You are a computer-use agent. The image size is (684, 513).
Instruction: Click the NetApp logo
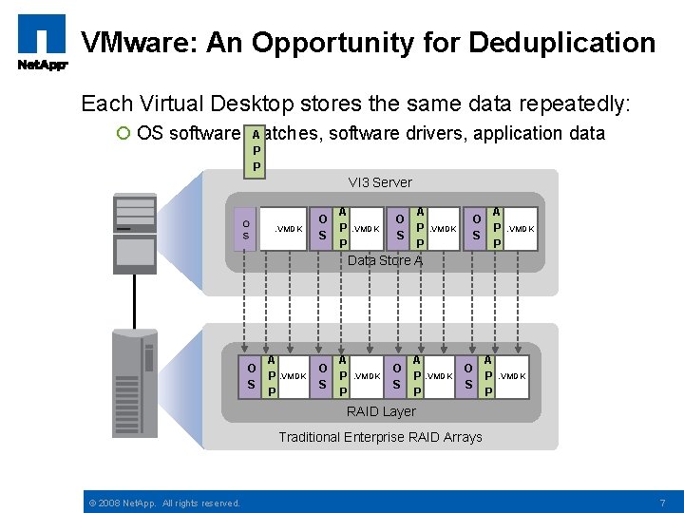(41, 42)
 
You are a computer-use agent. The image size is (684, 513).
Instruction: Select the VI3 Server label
(379, 181)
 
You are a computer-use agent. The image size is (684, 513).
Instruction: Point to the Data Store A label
(384, 260)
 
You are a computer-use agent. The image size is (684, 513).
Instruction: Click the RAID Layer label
(381, 411)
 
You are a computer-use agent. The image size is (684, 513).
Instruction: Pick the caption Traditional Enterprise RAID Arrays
(380, 437)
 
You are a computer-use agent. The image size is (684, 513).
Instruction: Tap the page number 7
(661, 502)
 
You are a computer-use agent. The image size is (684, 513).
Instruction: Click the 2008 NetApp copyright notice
(163, 503)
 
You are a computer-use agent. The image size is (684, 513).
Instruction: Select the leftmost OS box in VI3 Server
(246, 229)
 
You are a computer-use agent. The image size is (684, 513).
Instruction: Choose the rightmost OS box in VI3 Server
(472, 228)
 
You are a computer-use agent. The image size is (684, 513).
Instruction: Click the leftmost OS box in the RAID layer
(251, 376)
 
